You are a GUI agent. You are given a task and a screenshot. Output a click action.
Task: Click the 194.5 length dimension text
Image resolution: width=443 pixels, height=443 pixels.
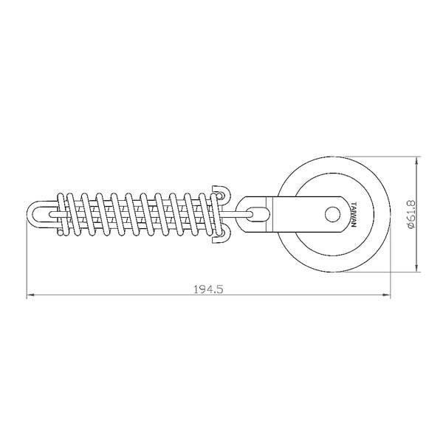tap(208, 289)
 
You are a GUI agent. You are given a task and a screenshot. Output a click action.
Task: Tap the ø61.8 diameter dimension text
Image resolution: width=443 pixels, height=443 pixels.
tap(411, 214)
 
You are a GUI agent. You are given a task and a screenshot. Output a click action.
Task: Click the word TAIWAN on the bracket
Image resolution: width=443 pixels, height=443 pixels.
tap(354, 214)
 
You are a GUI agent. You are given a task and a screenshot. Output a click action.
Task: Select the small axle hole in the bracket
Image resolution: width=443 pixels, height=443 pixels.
tap(332, 214)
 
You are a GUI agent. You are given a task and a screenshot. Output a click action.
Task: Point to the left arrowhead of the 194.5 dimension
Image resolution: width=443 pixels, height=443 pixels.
tap(30, 295)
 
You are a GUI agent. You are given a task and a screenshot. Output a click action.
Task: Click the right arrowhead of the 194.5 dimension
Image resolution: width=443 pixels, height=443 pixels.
tap(386, 295)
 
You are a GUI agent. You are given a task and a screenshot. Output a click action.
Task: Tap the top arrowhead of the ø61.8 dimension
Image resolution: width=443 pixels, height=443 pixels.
tap(416, 161)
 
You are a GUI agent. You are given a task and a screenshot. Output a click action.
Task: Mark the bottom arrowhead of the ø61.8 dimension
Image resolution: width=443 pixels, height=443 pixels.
tap(416, 268)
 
